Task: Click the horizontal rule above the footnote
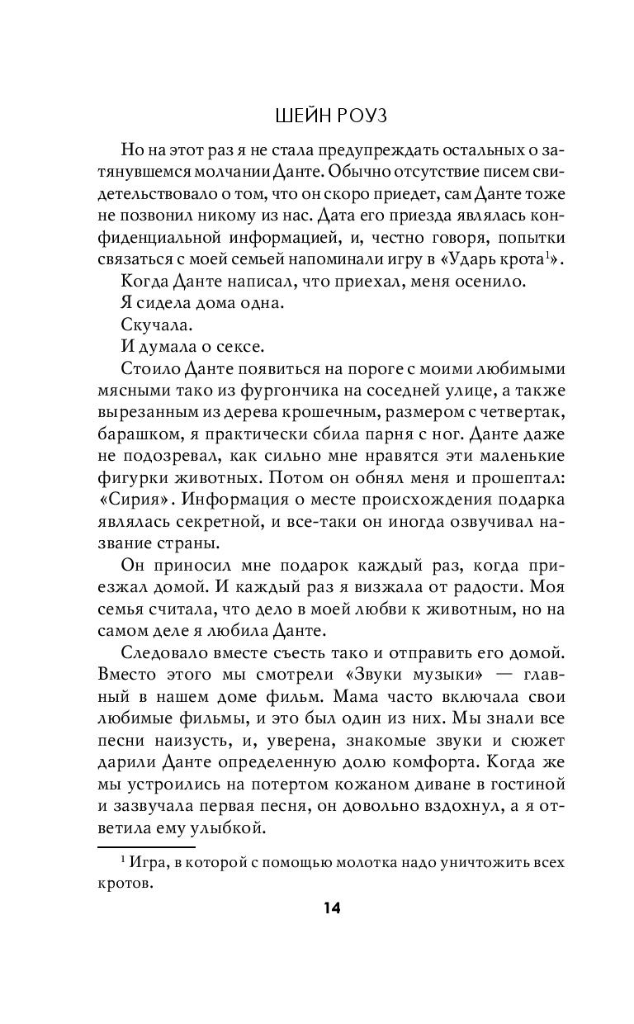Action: (147, 846)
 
